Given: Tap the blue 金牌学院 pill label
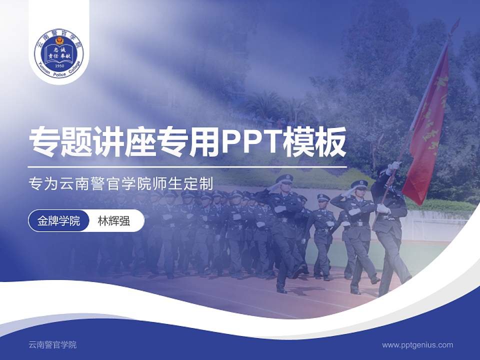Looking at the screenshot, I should point(58,220).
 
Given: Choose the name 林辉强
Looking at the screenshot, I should point(114,220).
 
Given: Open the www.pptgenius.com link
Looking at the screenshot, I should point(417,344).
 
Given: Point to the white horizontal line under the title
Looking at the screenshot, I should point(187,167).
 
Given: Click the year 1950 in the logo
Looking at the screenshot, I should point(59,65).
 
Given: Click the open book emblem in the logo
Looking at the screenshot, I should point(59,53).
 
